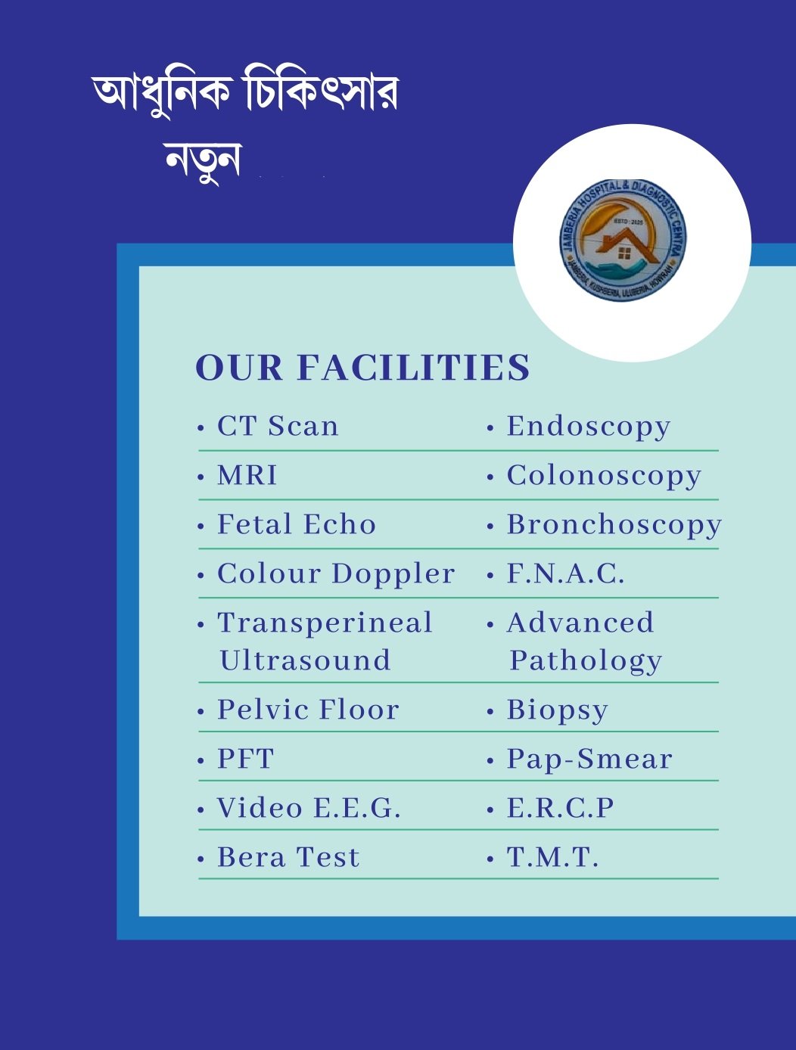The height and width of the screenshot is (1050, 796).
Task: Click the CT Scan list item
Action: click(x=277, y=427)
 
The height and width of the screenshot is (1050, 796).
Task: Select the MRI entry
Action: click(x=247, y=476)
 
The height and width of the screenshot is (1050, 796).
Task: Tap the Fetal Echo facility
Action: click(x=296, y=525)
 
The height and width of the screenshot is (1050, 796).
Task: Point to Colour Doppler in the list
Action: click(x=336, y=574)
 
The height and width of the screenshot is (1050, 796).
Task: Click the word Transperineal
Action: click(x=325, y=623)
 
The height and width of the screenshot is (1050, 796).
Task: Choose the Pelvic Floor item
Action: click(x=308, y=710)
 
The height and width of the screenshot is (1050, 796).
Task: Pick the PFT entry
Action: click(x=245, y=760)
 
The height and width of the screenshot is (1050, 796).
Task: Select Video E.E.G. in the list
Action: click(x=308, y=809)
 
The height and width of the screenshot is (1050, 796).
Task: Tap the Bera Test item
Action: click(x=288, y=858)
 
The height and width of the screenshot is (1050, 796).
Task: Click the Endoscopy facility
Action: click(x=588, y=427)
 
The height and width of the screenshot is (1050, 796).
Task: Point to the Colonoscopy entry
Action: click(x=604, y=477)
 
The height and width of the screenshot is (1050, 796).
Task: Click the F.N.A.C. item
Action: click(x=565, y=574)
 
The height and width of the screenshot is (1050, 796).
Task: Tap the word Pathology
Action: click(x=586, y=661)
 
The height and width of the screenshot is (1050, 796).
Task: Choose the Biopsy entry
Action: click(x=557, y=710)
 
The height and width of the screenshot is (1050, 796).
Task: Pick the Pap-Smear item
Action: click(x=589, y=760)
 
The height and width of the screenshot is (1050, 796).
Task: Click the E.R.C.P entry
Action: click(x=560, y=809)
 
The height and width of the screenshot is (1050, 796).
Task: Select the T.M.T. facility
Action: click(x=552, y=858)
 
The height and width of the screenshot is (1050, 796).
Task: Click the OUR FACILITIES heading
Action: click(x=362, y=368)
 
